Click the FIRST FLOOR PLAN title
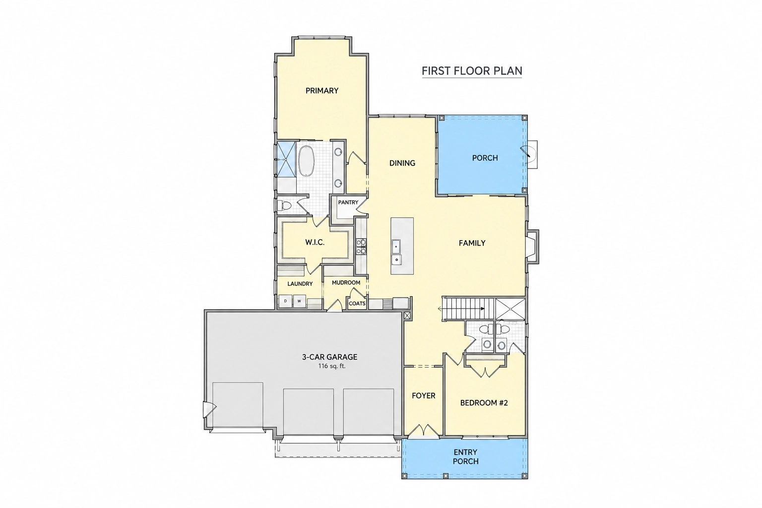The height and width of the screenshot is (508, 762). point(472,71)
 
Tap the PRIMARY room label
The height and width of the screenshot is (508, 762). point(322,90)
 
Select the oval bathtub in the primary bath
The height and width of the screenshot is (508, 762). point(307,161)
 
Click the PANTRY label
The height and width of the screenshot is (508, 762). point(348,202)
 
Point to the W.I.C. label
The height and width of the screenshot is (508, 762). point(315,242)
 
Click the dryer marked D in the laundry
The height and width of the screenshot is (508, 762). point(285,301)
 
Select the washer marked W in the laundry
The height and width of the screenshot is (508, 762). point(299,301)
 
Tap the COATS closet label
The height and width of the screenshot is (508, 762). point(357,304)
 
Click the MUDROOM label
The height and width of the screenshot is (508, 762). point(346,282)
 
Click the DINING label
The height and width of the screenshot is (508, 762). point(402,163)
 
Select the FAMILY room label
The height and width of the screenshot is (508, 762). point(472,243)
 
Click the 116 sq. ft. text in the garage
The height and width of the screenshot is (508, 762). point(332,366)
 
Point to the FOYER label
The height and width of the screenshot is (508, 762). point(424,396)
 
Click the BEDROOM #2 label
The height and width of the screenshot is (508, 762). point(484,403)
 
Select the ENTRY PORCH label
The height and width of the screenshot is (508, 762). point(466,456)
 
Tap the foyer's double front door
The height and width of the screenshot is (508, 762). point(423,431)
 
